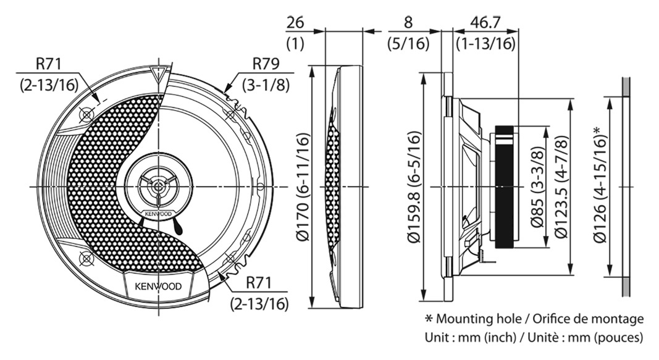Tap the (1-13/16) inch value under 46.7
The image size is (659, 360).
(485, 44)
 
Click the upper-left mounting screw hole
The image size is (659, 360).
(86, 114)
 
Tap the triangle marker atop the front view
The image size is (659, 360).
(159, 76)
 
